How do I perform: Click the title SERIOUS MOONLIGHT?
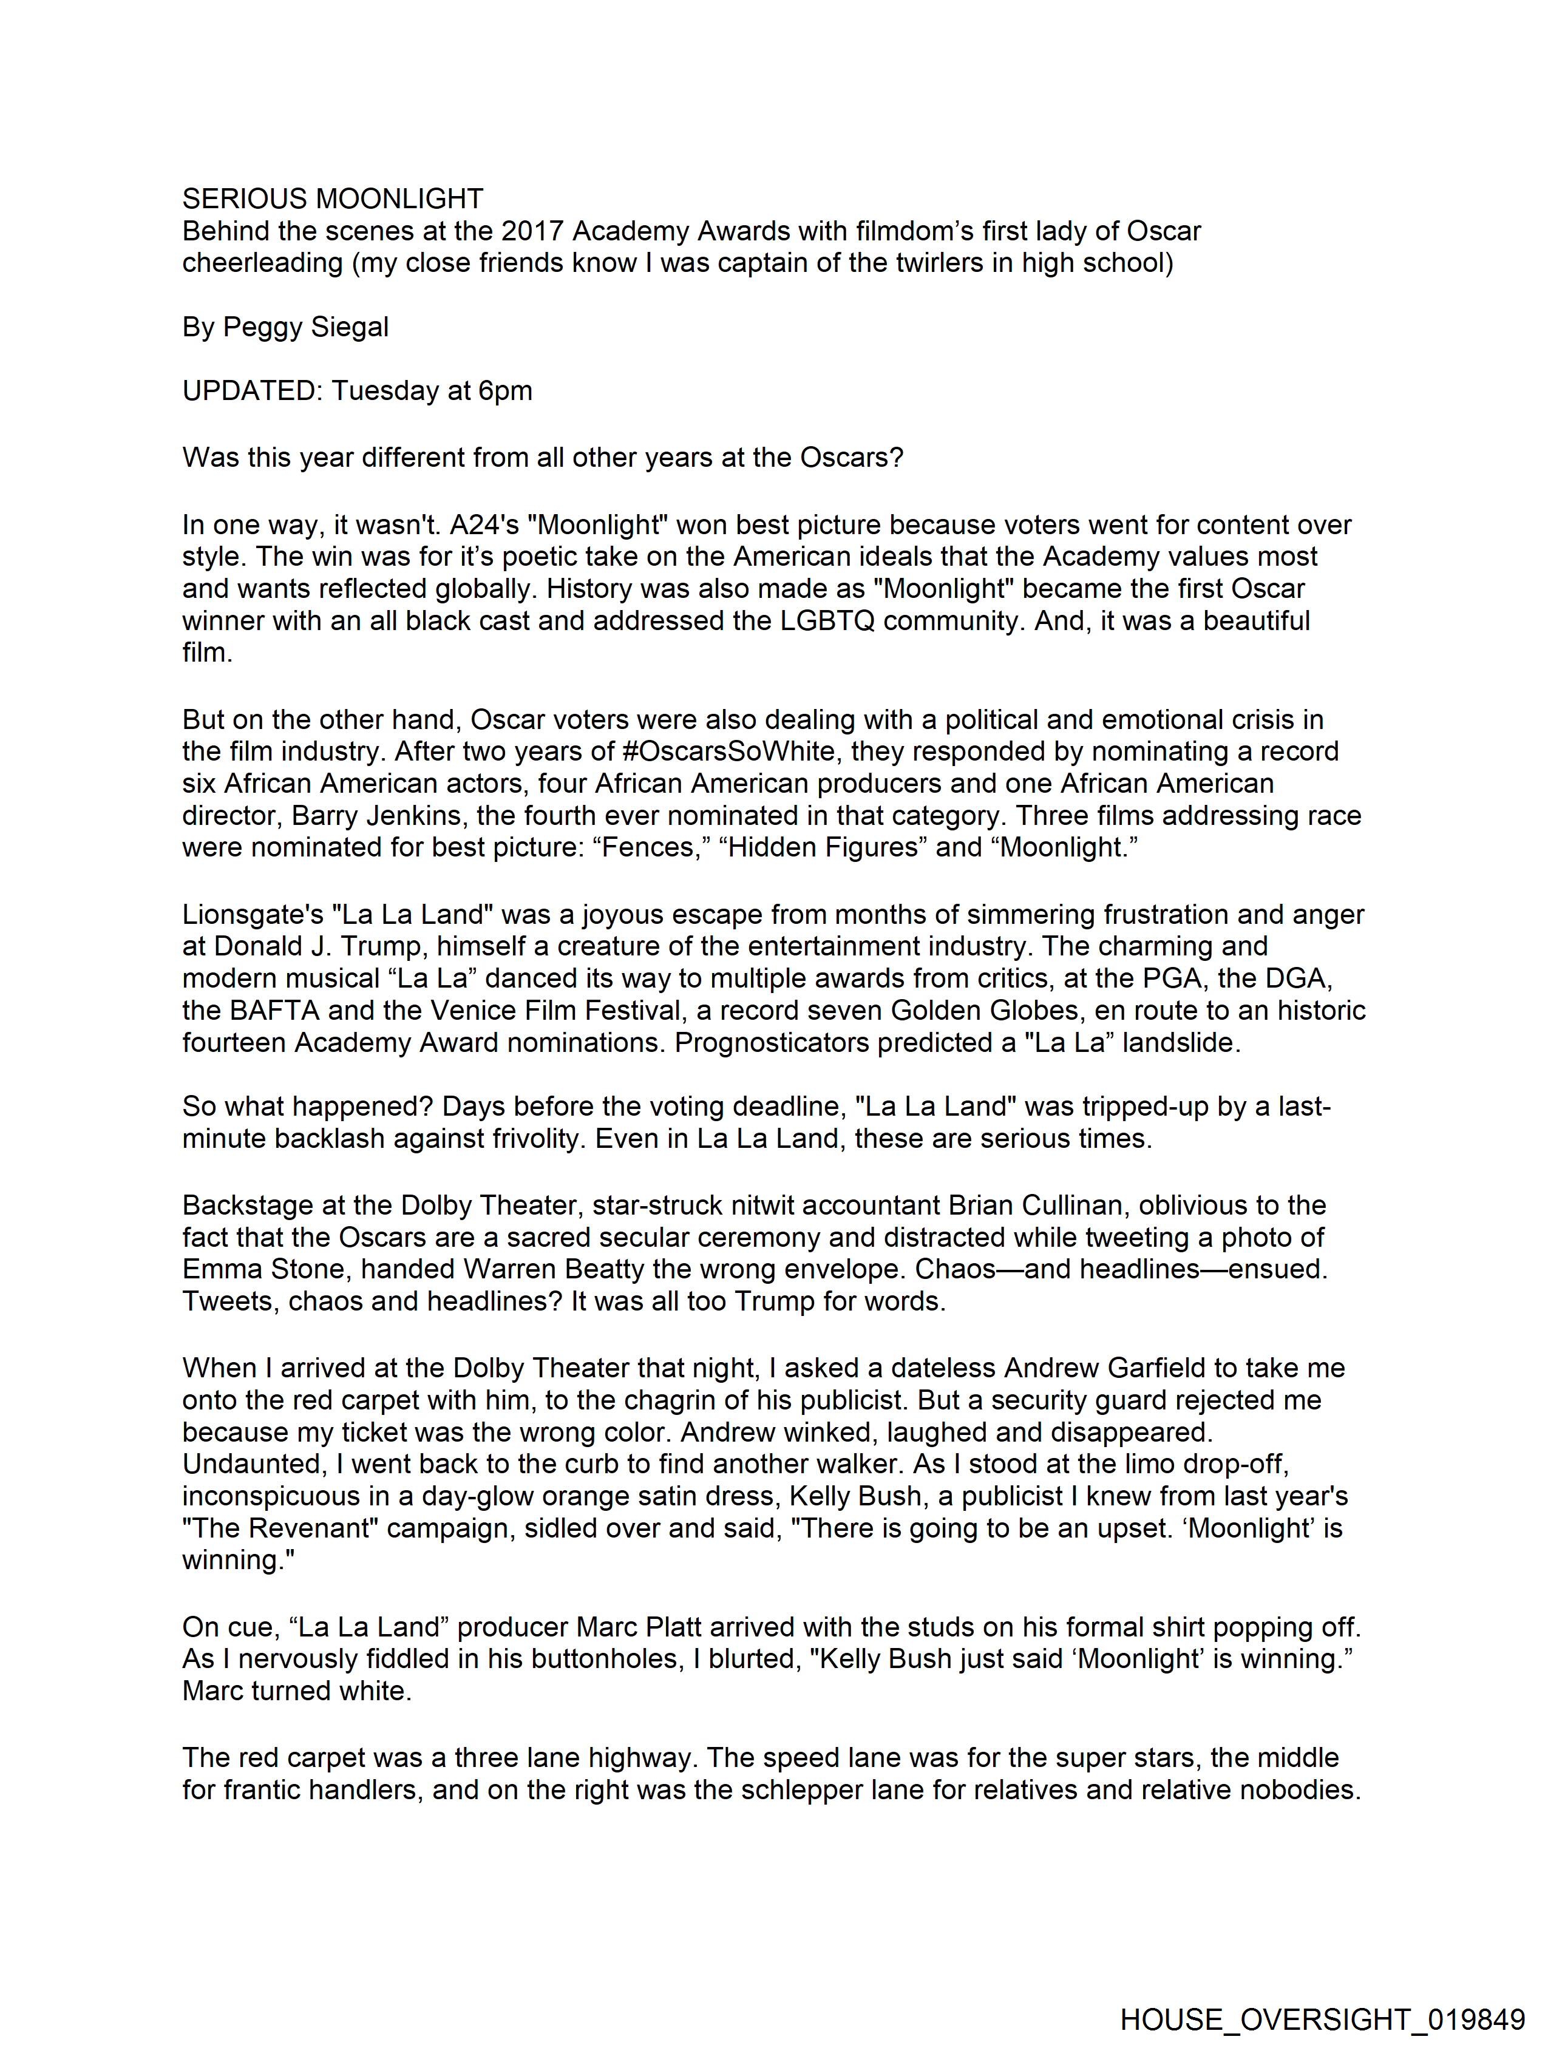332,198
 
